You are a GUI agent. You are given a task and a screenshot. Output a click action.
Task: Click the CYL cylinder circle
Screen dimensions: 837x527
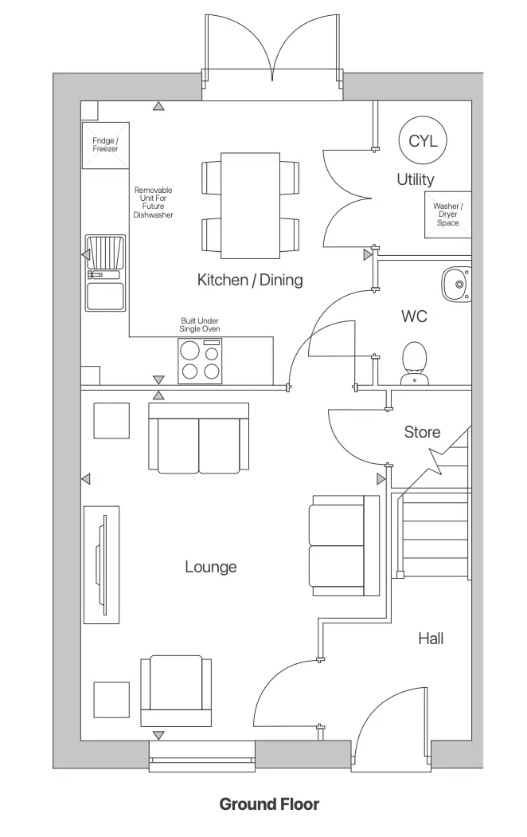pos(423,141)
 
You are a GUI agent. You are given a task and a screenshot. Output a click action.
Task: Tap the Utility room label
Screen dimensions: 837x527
pos(416,179)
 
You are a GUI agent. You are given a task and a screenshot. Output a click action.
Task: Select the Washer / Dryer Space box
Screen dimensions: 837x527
pos(447,214)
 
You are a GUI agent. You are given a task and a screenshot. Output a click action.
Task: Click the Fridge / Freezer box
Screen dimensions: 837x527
pos(105,145)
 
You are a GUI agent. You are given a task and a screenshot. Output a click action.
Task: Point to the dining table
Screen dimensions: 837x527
pos(250,204)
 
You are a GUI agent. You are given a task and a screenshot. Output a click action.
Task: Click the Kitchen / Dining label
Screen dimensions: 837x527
pos(250,280)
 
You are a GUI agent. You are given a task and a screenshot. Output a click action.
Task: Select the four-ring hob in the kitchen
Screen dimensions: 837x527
pos(200,360)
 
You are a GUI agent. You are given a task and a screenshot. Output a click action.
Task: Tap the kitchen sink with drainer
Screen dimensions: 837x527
pos(105,273)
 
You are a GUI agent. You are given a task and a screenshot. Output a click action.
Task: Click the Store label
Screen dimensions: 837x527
pos(422,432)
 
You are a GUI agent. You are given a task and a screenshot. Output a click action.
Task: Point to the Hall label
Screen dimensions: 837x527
pos(430,638)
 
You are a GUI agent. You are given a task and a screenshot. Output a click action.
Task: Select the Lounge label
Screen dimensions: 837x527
pos(211,567)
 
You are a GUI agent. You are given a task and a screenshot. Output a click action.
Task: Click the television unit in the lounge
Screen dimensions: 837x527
pos(102,564)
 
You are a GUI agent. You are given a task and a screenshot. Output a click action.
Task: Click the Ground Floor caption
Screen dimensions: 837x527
pos(269,804)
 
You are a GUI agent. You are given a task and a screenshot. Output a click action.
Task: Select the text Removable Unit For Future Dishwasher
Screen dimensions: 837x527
pos(153,202)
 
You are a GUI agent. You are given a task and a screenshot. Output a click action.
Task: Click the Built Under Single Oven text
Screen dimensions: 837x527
pos(200,324)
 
